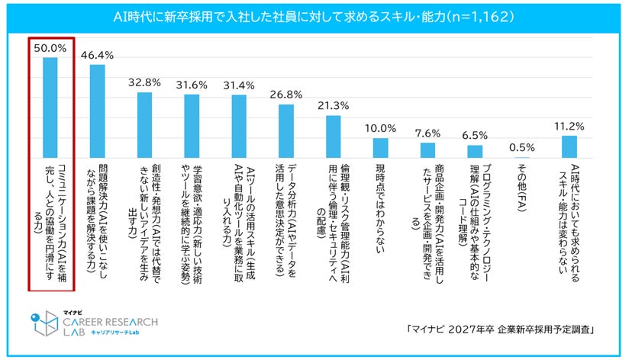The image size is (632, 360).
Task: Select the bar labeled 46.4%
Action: (97, 109)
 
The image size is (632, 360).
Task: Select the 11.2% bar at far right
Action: (569, 143)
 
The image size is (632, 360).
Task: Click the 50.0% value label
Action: (50, 47)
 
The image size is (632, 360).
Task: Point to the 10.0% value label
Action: (380, 127)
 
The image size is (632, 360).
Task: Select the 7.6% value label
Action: (427, 131)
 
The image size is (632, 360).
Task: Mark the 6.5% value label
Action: (475, 133)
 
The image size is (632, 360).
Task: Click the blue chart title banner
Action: (316, 15)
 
